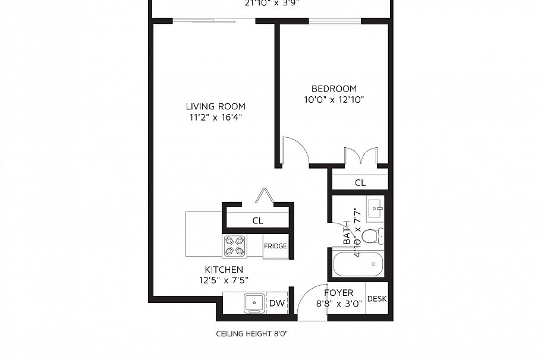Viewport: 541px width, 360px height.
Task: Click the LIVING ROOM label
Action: tap(215, 106)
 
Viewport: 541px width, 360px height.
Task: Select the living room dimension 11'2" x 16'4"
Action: tap(215, 117)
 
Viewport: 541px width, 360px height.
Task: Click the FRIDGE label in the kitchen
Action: tap(276, 246)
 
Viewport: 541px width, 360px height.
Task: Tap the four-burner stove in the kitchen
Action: tap(235, 246)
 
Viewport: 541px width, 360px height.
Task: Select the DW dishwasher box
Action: tap(277, 304)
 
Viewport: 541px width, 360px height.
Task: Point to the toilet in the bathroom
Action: tap(372, 236)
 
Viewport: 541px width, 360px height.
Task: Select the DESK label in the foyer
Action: tap(377, 299)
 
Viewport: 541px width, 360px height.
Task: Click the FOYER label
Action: tap(339, 293)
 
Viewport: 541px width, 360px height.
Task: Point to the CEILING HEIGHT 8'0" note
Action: tap(251, 334)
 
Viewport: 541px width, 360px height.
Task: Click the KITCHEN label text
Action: tap(224, 270)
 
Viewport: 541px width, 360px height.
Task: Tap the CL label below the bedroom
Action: tap(360, 182)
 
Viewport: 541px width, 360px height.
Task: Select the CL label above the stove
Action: tap(257, 220)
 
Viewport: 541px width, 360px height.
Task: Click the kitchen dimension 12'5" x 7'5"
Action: tap(224, 280)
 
